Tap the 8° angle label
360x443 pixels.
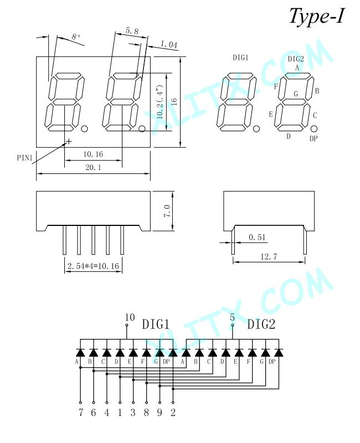tap(76, 37)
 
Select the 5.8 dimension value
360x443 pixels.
tap(132, 31)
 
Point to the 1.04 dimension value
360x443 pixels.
tap(169, 44)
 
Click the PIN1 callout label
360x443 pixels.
tap(25, 157)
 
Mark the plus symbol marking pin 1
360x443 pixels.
tap(69, 141)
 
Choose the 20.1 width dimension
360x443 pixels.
tap(93, 167)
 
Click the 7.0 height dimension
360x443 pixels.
tap(167, 211)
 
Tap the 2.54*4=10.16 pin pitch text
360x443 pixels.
tap(93, 266)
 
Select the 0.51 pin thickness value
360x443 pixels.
tap(257, 238)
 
